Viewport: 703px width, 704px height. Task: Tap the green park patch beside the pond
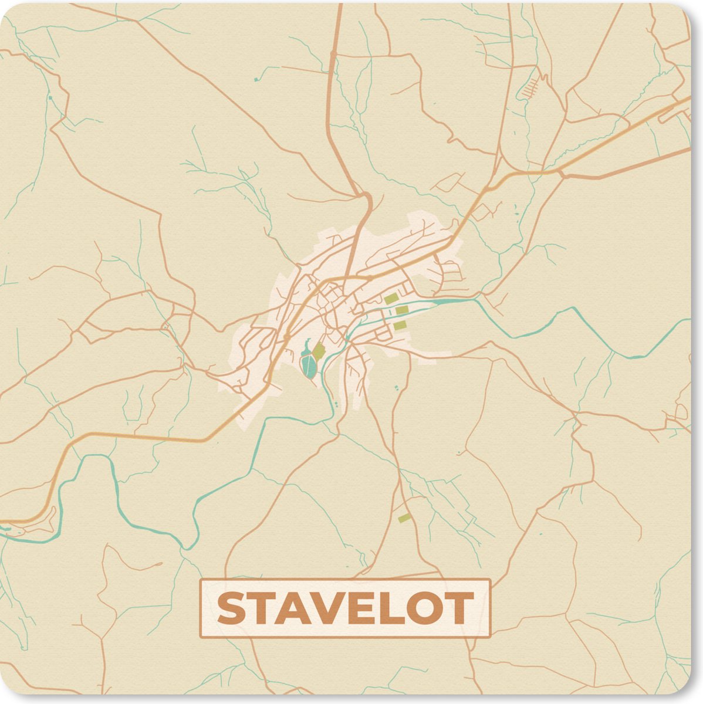(x=319, y=352)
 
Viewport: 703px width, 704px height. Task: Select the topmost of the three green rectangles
(x=391, y=299)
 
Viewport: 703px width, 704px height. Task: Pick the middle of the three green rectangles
(x=401, y=310)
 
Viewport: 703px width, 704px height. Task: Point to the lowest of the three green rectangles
(x=399, y=325)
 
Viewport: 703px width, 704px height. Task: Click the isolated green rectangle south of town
(x=404, y=517)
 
